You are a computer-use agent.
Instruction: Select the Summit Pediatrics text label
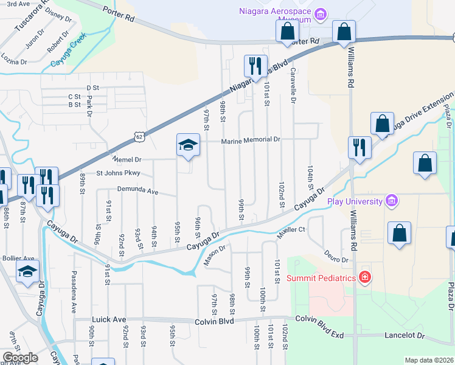coord(321,278)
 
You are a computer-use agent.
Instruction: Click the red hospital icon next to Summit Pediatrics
coord(364,278)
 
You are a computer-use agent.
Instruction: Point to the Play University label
coord(355,201)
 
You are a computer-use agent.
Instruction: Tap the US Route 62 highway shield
coord(140,137)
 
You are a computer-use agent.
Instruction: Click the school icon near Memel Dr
coord(188,145)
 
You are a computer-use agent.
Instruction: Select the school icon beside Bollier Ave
coord(27,271)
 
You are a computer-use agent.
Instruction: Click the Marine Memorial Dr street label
coord(250,139)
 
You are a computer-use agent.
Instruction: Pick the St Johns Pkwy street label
coord(118,173)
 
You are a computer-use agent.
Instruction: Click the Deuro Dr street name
coord(335,256)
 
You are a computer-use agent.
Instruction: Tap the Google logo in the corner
coord(20,357)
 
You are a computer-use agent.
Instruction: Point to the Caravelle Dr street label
coord(293,85)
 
